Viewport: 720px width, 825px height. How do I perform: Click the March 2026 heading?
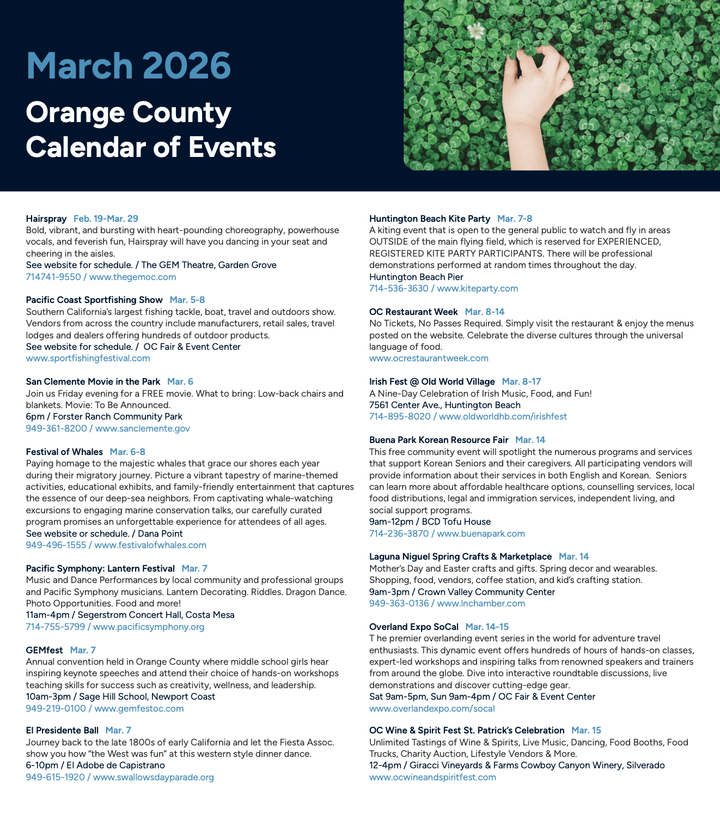[129, 66]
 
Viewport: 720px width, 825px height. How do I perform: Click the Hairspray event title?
[46, 219]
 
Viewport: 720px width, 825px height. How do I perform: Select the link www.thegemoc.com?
[132, 277]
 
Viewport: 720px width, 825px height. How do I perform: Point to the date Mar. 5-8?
[187, 300]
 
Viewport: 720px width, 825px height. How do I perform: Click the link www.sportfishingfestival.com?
[88, 358]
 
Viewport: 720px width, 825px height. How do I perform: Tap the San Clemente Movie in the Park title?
[93, 381]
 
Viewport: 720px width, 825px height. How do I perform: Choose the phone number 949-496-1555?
[56, 545]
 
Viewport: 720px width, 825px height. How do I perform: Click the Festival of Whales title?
[64, 452]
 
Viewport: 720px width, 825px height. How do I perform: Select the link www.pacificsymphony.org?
[149, 627]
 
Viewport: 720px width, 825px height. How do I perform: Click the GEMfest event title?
[45, 650]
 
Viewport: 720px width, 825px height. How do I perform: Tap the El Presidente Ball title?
[62, 730]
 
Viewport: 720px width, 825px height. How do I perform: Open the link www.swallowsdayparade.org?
[153, 777]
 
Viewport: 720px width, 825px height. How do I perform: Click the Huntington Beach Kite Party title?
[430, 219]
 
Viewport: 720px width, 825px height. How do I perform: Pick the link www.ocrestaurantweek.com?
[429, 358]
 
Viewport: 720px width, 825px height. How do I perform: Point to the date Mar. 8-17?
[521, 381]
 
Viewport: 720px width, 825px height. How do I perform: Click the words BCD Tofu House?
[456, 521]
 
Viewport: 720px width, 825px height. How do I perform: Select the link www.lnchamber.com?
[481, 603]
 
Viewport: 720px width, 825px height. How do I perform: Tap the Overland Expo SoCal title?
[414, 627]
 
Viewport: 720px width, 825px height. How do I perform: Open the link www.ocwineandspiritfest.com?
[432, 777]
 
